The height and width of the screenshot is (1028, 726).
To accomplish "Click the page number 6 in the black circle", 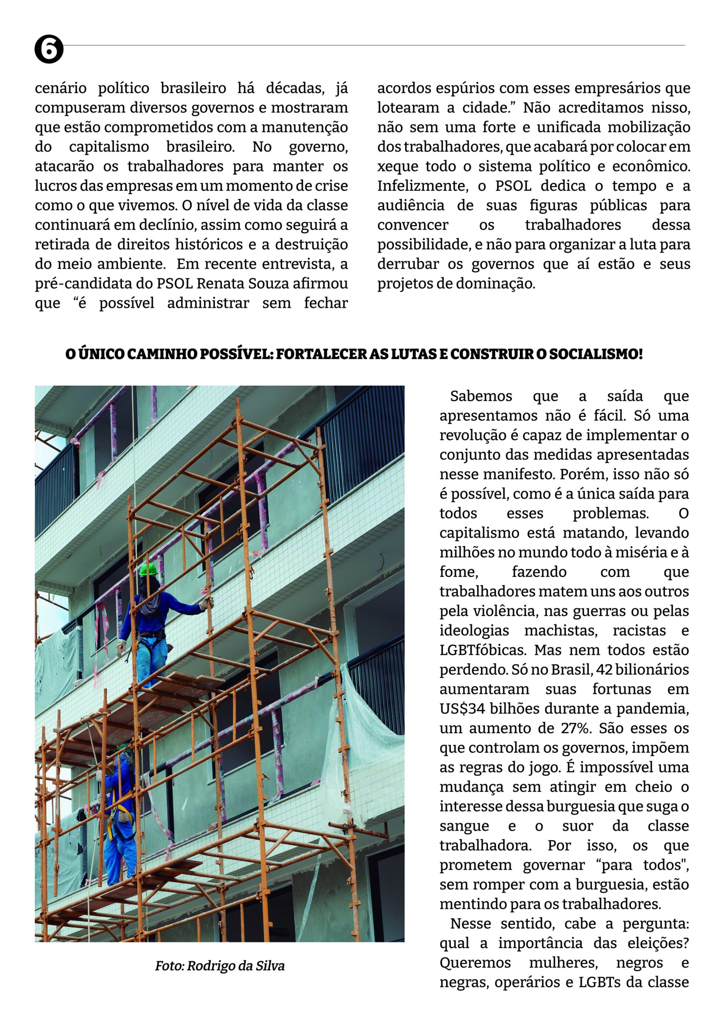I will (x=49, y=49).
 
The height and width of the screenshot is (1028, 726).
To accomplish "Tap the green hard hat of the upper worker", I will (x=148, y=569).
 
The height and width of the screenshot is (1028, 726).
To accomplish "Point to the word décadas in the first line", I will (x=295, y=88).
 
